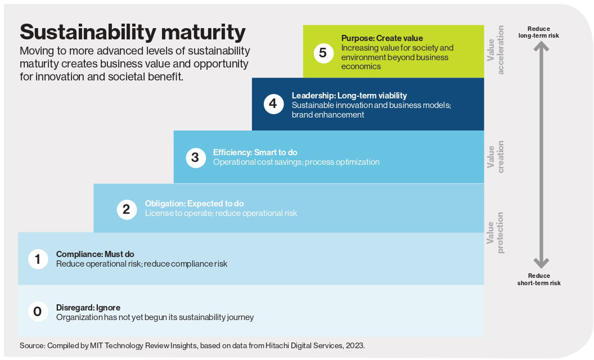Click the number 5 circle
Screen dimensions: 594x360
pyautogui.click(x=323, y=53)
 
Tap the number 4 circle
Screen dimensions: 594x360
pyautogui.click(x=273, y=104)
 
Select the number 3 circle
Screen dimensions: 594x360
pyautogui.click(x=196, y=157)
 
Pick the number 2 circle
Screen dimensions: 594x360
pyautogui.click(x=127, y=209)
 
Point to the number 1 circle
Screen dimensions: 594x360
pyautogui.click(x=38, y=259)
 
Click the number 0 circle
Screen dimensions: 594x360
pyautogui.click(x=38, y=312)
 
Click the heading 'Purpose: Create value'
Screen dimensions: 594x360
pyautogui.click(x=382, y=38)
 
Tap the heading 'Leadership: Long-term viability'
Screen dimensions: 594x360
pyautogui.click(x=349, y=96)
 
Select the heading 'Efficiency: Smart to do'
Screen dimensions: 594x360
pyautogui.click(x=255, y=152)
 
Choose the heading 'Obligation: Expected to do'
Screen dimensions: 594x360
pyautogui.click(x=194, y=204)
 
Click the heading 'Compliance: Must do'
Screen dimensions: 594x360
pyautogui.click(x=95, y=254)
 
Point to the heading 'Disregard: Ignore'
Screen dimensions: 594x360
pyautogui.click(x=88, y=308)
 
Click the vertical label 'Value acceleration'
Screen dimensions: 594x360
pyautogui.click(x=496, y=50)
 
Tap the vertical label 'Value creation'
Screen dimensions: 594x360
pyautogui.click(x=496, y=157)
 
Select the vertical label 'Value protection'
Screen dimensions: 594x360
pyautogui.click(x=496, y=233)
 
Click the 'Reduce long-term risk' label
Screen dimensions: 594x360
pyautogui.click(x=539, y=32)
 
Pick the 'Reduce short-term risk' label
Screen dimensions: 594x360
pyautogui.click(x=539, y=280)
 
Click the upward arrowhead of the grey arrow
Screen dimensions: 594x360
pyautogui.click(x=541, y=46)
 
